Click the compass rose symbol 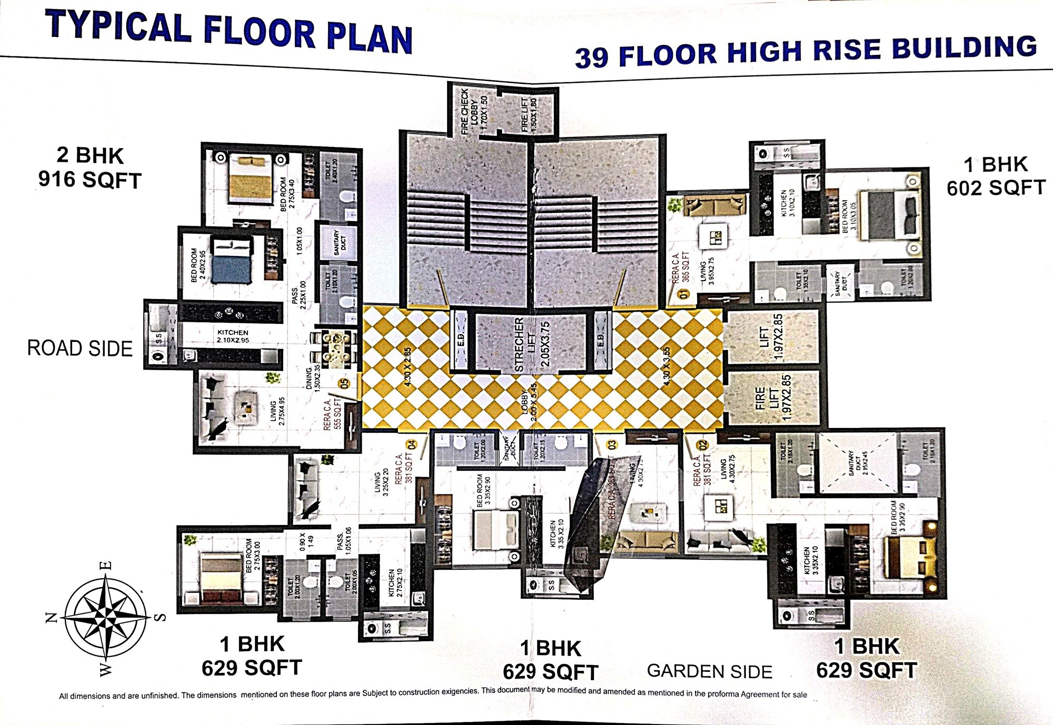coord(106,618)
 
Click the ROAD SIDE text coord(80,349)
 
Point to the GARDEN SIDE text coord(709,671)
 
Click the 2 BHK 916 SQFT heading coord(90,167)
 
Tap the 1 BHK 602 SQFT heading coord(996,176)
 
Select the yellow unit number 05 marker coord(345,383)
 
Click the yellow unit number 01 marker coord(684,294)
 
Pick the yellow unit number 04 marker coord(412,444)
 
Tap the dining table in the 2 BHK coord(335,350)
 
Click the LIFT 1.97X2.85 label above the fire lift coord(772,337)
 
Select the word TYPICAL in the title coord(118,26)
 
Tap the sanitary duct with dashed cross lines coord(857,463)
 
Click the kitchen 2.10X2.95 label coord(232,336)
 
